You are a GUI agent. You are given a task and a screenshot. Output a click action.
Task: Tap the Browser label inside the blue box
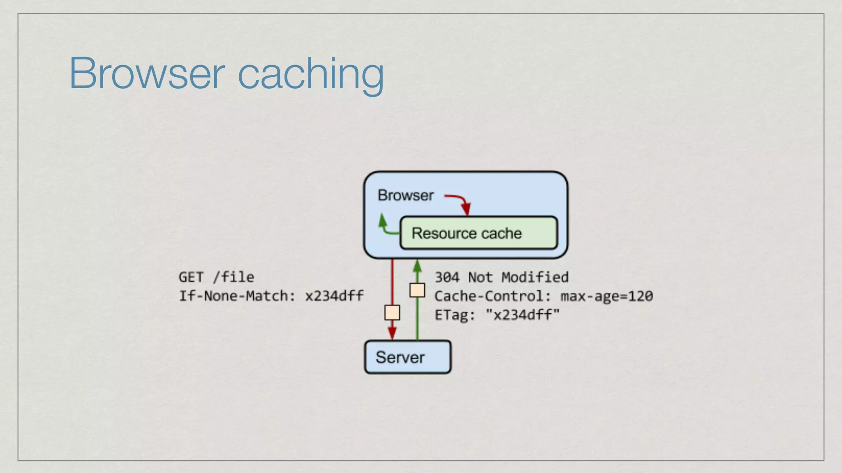pyautogui.click(x=405, y=195)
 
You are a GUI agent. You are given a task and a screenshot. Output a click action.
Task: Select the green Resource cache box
pyautogui.click(x=479, y=233)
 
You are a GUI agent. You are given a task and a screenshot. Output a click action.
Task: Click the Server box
pyautogui.click(x=407, y=357)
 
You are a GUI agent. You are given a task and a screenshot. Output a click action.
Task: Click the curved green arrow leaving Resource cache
pyautogui.click(x=385, y=227)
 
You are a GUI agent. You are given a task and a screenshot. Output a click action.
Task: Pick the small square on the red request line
pyautogui.click(x=392, y=312)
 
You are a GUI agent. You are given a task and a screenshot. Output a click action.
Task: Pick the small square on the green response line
pyautogui.click(x=417, y=290)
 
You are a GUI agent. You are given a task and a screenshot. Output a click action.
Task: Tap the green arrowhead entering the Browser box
pyautogui.click(x=417, y=266)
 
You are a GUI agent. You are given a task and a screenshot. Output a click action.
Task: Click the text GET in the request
pyautogui.click(x=191, y=277)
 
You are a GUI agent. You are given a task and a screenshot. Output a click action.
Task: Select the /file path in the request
pyautogui.click(x=234, y=277)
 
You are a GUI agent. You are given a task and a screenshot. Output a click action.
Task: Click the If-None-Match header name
pyautogui.click(x=234, y=296)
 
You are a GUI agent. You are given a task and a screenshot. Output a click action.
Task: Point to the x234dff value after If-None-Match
pyautogui.click(x=334, y=296)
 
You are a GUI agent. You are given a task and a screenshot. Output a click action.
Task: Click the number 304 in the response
pyautogui.click(x=447, y=278)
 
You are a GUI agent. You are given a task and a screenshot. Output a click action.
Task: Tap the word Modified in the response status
pyautogui.click(x=535, y=278)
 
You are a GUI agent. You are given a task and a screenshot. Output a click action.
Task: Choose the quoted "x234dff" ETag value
pyautogui.click(x=522, y=315)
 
